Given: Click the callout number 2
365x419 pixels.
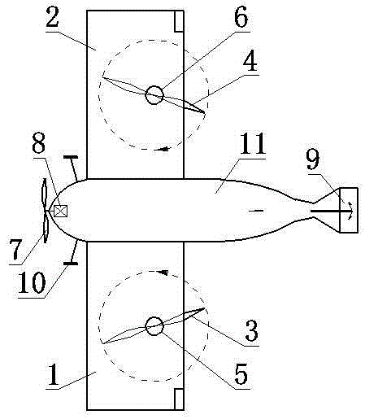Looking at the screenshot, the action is (53, 17).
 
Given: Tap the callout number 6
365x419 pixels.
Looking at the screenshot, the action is (241, 17).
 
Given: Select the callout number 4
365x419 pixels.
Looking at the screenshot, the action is (250, 61).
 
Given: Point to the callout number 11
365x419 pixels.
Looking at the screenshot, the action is (253, 143).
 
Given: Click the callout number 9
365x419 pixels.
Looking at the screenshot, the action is (313, 159).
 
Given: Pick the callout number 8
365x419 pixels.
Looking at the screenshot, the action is (38, 144).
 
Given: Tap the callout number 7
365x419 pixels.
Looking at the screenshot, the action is (15, 250).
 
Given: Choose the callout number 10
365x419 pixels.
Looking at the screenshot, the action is (32, 282).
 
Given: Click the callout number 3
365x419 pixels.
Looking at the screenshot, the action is (252, 330).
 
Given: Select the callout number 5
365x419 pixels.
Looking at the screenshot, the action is (241, 374).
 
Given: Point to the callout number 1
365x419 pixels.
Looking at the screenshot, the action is (53, 374).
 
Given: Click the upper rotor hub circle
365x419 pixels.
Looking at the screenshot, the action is (154, 95).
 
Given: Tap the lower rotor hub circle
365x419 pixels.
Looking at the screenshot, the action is (154, 326).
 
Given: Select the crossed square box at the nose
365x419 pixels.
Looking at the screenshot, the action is (60, 211).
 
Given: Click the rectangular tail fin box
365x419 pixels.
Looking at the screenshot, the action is (349, 210).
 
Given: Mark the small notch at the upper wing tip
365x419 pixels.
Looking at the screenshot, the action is (179, 21).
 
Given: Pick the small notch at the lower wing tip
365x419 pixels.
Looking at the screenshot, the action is (179, 399).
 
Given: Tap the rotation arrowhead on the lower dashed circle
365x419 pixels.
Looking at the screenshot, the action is (164, 273).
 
